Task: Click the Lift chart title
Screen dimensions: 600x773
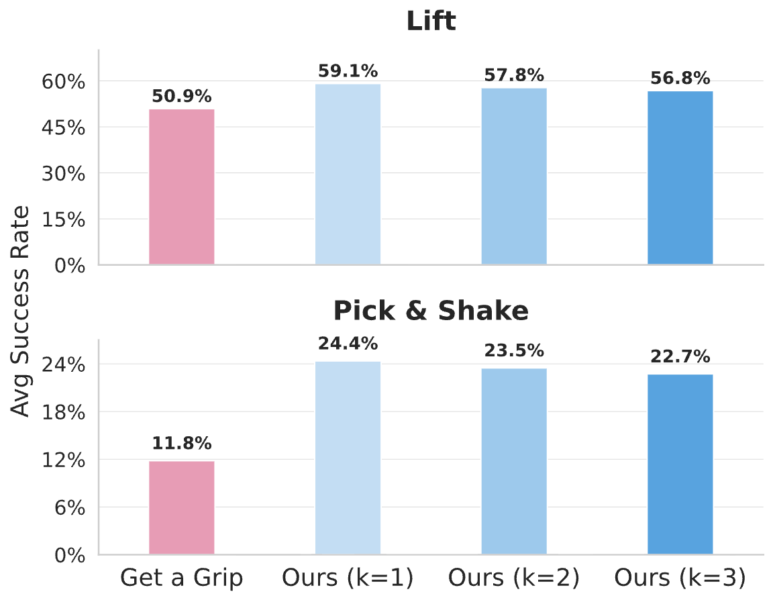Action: coord(431,21)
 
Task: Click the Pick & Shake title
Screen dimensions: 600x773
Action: coord(431,311)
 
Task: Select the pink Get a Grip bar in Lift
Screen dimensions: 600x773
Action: coord(181,187)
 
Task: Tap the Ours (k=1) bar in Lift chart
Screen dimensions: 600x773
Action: coord(348,174)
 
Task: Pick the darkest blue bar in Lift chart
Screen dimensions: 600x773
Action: coord(680,179)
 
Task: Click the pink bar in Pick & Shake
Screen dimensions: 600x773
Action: coord(181,508)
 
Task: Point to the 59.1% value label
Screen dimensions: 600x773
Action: coord(348,70)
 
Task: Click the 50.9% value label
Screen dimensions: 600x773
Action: coord(181,96)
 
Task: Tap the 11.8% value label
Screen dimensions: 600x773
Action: coord(181,444)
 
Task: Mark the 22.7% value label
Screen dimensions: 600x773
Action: coord(680,356)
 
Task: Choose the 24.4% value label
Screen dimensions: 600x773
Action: coord(348,344)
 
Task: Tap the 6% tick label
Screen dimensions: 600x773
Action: coord(70,508)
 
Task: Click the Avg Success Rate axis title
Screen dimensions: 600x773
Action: coord(21,311)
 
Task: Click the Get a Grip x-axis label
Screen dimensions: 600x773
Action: coord(181,578)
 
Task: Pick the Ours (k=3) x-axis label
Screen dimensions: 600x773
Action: coord(680,578)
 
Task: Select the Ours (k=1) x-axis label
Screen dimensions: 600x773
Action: coord(348,578)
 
